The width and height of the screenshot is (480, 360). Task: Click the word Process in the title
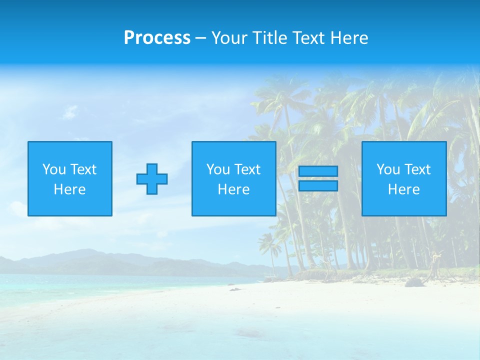[157, 38]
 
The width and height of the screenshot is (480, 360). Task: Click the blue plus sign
[152, 179]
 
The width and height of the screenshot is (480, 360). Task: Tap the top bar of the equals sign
[318, 171]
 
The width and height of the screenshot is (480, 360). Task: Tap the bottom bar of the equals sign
[318, 186]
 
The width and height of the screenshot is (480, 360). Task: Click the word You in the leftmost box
[53, 169]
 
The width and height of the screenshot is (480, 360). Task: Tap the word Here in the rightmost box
[404, 189]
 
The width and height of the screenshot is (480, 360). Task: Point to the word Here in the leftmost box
[70, 189]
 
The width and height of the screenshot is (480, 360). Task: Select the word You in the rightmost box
[387, 169]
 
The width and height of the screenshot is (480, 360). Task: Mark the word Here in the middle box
[233, 189]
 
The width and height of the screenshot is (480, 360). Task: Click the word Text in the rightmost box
[418, 169]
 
